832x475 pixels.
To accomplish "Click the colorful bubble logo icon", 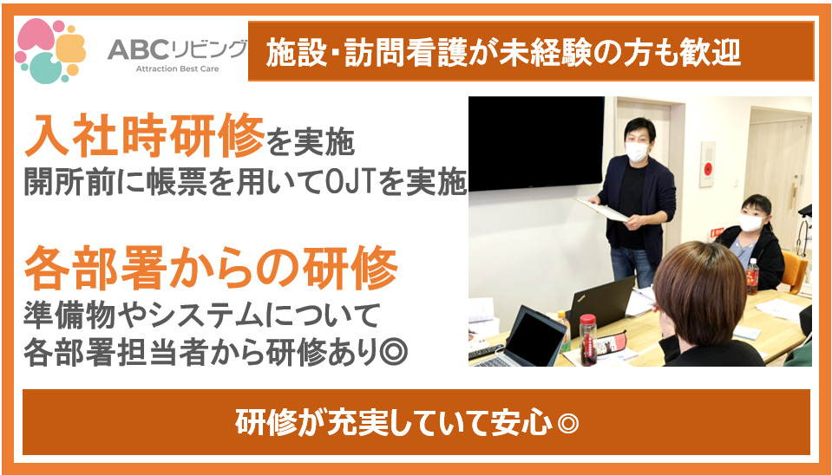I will (50, 50).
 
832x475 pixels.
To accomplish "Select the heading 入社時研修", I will (143, 133).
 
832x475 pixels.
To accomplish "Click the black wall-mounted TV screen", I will (536, 143).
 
